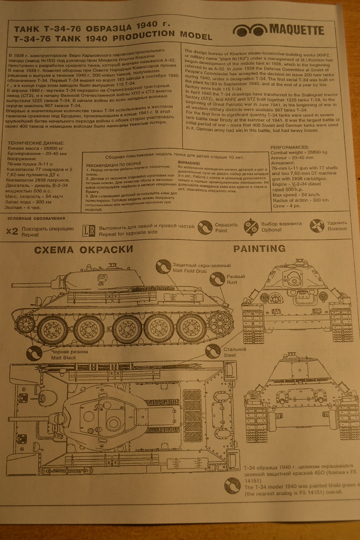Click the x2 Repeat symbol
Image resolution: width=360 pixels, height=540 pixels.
pyautogui.click(x=12, y=231)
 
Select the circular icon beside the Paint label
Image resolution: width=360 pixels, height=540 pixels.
pyautogui.click(x=205, y=227)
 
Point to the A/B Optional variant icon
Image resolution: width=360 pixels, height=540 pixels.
pyautogui.click(x=251, y=226)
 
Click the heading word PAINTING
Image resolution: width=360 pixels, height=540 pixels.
pyautogui.click(x=259, y=249)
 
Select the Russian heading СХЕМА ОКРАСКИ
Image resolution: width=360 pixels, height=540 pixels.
pyautogui.click(x=83, y=250)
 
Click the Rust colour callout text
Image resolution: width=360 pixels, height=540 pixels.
pyautogui.click(x=233, y=279)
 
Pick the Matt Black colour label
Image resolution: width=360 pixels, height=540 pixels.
pyautogui.click(x=63, y=355)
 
